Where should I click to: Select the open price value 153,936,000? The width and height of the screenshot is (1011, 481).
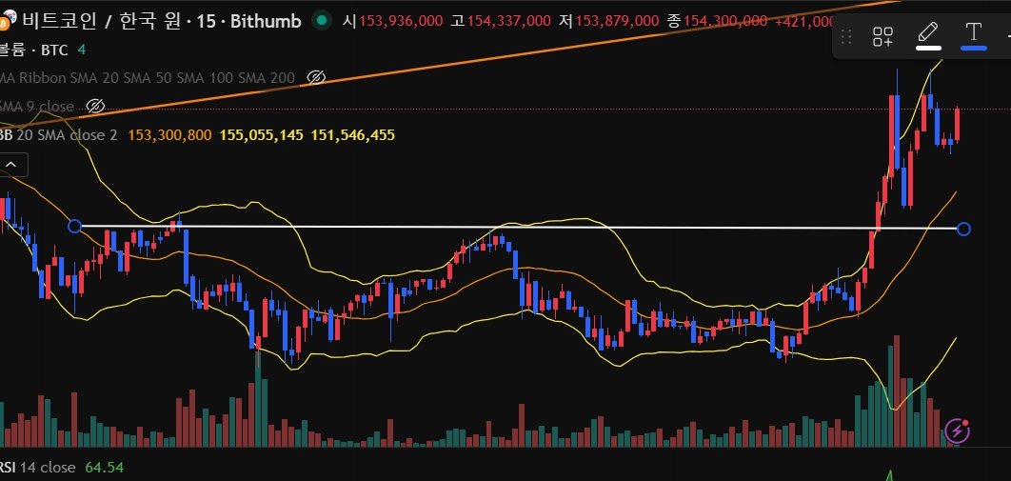pos(401,20)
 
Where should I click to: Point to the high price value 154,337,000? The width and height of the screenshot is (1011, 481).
pos(508,20)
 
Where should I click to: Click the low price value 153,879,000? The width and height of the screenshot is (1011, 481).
pos(616,20)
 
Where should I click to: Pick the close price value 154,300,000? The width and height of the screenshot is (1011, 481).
pos(724,20)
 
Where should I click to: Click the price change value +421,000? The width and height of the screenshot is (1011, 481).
pos(805,20)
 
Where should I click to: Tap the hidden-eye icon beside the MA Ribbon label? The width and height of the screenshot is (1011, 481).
pos(317,77)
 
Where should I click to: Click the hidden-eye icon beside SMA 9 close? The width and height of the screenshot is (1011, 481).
pos(95,106)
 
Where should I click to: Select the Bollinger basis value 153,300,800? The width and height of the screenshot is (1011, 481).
pos(169,135)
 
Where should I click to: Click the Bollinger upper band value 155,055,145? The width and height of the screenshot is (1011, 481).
pos(261,135)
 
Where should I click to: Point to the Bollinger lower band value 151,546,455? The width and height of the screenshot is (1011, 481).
pos(352,135)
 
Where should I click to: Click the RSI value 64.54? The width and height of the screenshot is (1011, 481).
pos(106,468)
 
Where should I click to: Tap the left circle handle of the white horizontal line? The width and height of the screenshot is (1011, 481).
pos(75,226)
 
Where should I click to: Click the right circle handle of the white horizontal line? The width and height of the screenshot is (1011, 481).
pos(963,229)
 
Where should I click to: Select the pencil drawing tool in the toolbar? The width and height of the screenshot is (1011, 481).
pos(928,35)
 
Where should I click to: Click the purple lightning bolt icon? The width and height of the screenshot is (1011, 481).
pos(958,431)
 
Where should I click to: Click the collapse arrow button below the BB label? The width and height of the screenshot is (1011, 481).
pos(13,165)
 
